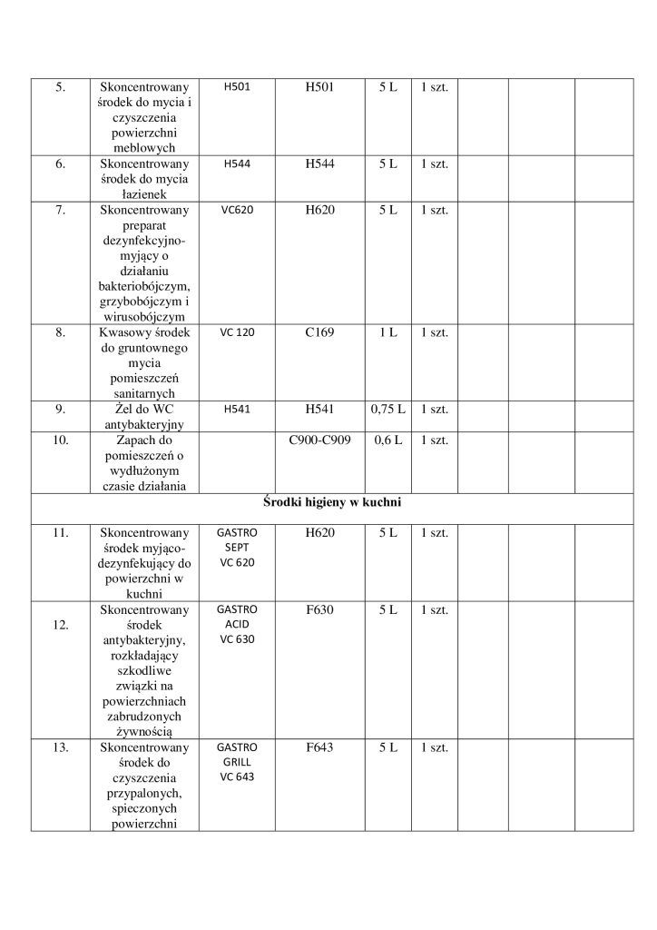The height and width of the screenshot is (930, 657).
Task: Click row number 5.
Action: pos(60,86)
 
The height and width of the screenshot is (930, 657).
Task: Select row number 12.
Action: pos(60,626)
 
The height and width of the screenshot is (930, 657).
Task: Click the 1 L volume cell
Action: pos(387,332)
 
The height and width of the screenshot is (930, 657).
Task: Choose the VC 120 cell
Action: pos(238,332)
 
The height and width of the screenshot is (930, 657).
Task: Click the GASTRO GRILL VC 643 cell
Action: pos(238,762)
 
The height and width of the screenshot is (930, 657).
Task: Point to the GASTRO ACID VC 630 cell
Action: pos(238,624)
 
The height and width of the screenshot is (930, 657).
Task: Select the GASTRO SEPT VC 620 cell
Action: pos(238,548)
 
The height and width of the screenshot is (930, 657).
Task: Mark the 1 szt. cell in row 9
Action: pos(435,409)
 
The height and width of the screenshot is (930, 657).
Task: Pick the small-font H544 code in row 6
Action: pos(238,163)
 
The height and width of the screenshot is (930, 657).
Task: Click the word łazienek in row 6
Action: pos(145,193)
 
